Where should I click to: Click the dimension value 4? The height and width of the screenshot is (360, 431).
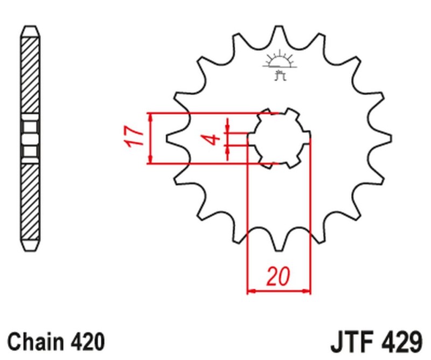[x=214, y=140]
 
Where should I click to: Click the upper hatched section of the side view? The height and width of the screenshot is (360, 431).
[x=31, y=75]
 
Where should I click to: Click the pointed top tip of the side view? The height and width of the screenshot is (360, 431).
[x=31, y=27]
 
